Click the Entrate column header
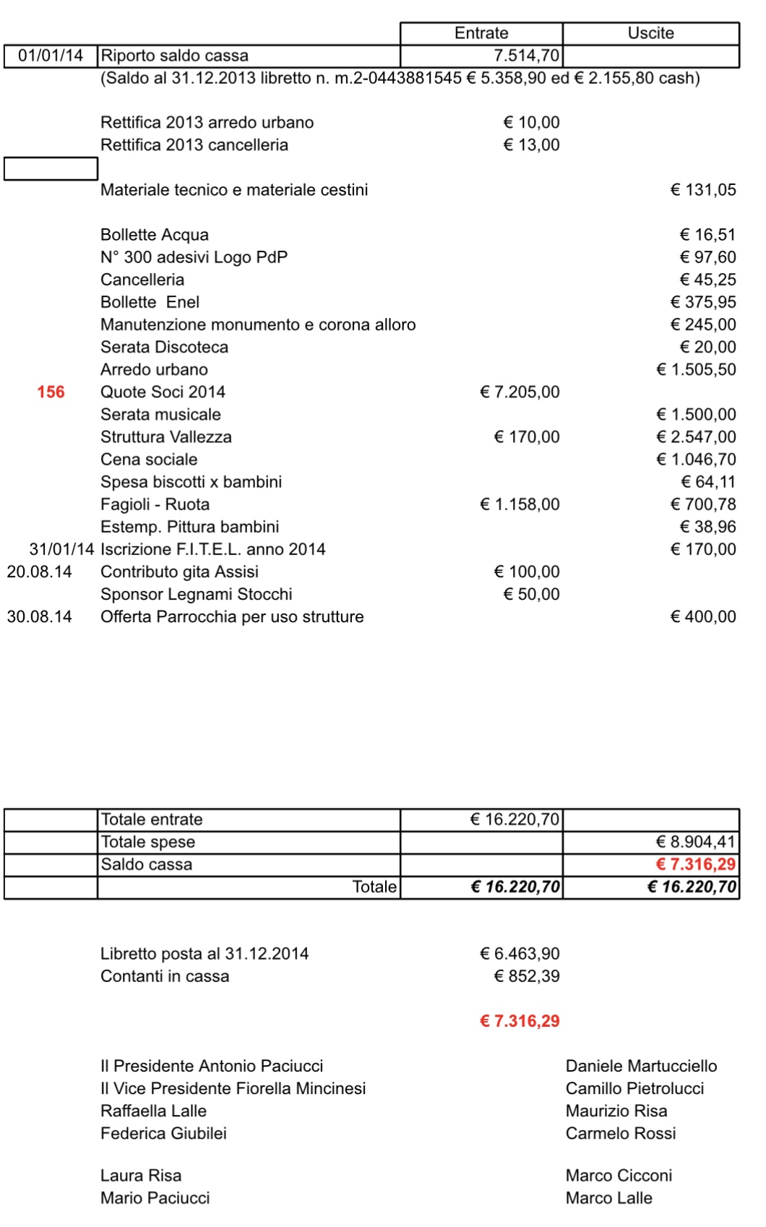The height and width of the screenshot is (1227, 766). (481, 33)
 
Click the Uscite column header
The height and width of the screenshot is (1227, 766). (650, 33)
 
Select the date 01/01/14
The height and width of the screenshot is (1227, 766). (51, 56)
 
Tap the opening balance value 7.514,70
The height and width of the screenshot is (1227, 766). (526, 56)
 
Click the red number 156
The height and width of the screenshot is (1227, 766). (51, 392)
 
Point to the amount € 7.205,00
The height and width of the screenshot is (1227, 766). (520, 392)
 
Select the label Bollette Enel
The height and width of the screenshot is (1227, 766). (150, 302)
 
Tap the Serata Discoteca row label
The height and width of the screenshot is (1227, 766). (164, 347)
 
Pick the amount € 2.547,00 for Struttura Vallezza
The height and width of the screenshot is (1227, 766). (696, 437)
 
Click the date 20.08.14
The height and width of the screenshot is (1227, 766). (40, 572)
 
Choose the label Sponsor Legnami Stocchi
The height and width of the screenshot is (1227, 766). (196, 594)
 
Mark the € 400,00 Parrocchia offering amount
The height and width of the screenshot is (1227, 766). (703, 616)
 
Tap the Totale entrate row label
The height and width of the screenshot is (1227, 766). (152, 819)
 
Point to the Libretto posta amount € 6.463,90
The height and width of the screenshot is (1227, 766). (520, 954)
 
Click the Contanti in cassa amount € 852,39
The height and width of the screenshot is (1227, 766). (527, 976)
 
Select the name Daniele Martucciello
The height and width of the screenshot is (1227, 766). (641, 1066)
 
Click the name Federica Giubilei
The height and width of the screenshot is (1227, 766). (163, 1133)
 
